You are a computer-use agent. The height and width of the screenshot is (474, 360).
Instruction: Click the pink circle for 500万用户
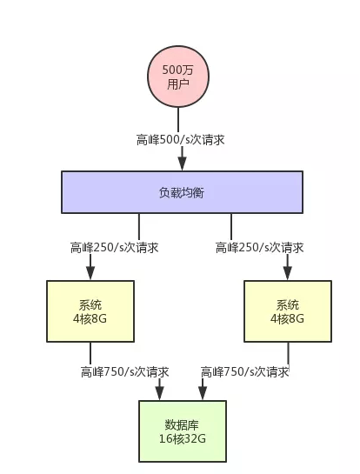click(178, 77)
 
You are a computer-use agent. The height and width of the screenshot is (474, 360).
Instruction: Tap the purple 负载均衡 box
click(182, 192)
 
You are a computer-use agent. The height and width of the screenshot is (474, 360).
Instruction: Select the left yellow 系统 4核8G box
click(90, 311)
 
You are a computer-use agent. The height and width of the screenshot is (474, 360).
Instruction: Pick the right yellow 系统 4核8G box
click(288, 311)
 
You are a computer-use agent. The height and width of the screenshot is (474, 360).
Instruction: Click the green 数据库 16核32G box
click(183, 431)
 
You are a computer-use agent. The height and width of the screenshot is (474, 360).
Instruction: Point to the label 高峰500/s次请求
click(181, 140)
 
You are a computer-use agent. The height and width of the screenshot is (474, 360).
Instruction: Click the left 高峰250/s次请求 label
click(114, 248)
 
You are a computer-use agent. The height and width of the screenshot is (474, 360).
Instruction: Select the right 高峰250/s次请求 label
click(259, 248)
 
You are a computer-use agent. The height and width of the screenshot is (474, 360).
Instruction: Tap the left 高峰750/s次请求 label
click(124, 372)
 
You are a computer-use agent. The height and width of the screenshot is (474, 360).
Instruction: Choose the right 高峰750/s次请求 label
click(245, 372)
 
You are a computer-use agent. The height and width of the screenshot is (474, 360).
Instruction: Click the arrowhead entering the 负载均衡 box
click(182, 164)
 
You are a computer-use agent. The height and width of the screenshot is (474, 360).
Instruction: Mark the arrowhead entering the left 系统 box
click(90, 273)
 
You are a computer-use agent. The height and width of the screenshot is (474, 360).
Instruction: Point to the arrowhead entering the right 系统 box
click(288, 273)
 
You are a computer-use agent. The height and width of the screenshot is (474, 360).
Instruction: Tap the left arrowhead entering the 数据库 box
click(159, 394)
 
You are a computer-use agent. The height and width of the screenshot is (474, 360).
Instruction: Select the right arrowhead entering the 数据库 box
click(203, 394)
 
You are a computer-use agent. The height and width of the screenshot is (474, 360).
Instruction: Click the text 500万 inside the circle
click(177, 70)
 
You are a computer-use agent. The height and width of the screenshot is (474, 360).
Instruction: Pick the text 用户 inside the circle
click(178, 83)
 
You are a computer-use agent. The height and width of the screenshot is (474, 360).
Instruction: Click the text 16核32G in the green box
click(183, 438)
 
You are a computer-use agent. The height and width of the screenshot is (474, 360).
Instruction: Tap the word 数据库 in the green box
click(182, 424)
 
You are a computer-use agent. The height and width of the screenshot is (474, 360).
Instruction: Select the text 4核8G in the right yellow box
click(287, 318)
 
